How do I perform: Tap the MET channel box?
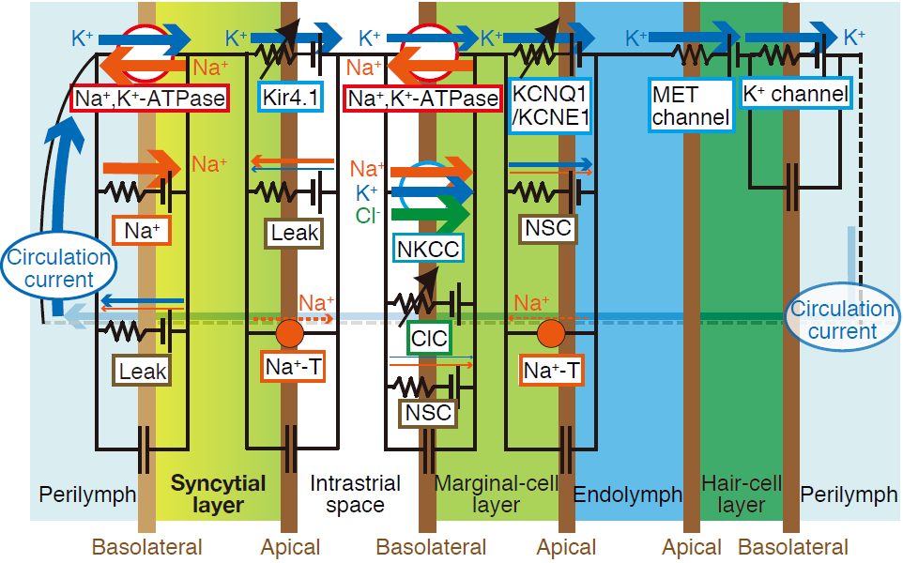690,104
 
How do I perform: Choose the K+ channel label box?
795,94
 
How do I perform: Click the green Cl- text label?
369,215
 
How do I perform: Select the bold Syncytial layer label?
218,494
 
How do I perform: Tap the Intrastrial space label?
355,495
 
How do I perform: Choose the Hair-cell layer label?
742,495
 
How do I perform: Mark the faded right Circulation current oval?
842,320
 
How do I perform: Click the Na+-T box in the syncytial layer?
290,369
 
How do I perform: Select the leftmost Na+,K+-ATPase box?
150,97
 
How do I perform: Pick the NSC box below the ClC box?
427,412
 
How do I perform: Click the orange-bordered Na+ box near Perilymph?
141,229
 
